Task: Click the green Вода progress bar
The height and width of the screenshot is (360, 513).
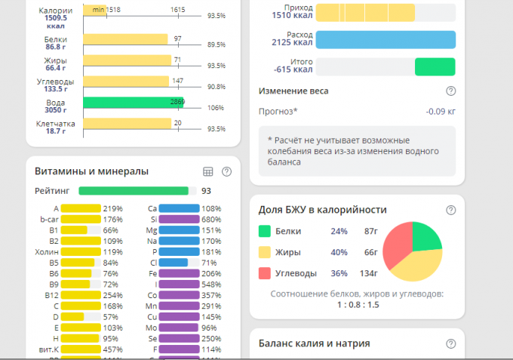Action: point(132,103)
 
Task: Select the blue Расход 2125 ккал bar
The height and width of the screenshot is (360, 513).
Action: point(386,39)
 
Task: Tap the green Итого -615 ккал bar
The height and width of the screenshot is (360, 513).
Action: point(435,66)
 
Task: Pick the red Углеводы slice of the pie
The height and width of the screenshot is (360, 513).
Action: point(396,253)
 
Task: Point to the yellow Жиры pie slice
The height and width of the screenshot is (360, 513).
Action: point(422,263)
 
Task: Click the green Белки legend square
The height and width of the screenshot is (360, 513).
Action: point(265,232)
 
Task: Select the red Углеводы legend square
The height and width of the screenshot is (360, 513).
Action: point(265,273)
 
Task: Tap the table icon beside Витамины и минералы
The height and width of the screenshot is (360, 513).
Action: point(208,171)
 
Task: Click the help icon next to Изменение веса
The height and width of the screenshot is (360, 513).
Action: point(451,91)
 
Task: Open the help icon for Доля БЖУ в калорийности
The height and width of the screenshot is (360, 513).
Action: point(451,210)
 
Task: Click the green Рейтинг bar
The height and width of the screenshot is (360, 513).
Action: point(134,191)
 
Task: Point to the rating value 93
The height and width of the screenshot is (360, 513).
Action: point(206,191)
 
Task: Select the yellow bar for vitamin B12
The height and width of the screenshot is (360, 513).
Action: point(81,295)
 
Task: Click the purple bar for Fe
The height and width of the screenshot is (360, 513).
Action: point(180,273)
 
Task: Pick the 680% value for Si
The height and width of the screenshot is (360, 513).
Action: point(212,219)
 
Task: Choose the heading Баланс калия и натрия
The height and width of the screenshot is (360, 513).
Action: point(314,343)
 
